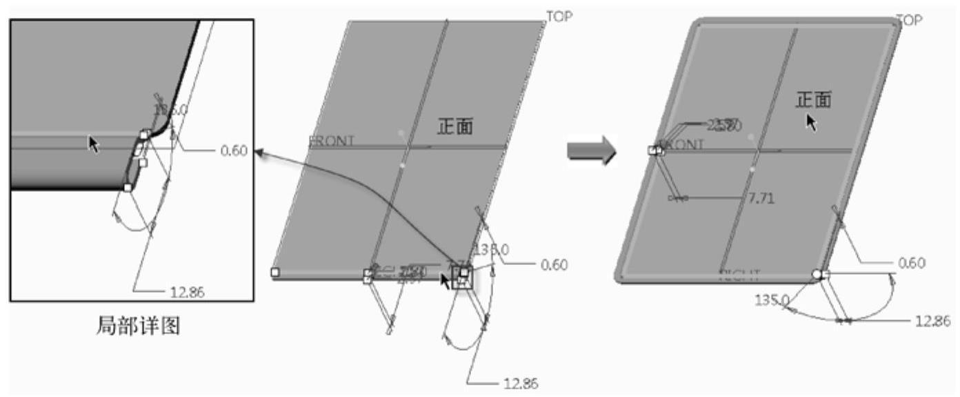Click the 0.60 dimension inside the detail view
point(233,150)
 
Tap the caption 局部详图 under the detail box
point(137,325)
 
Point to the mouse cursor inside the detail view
point(93,144)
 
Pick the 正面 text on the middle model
point(455,126)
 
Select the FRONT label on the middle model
point(331,142)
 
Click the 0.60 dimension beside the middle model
point(554,264)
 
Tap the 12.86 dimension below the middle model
point(520,384)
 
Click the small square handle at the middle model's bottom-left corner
point(275,272)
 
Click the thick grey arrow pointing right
point(590,150)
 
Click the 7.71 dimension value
point(761,199)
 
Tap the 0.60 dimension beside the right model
point(912,263)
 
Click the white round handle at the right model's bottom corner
point(817,274)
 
